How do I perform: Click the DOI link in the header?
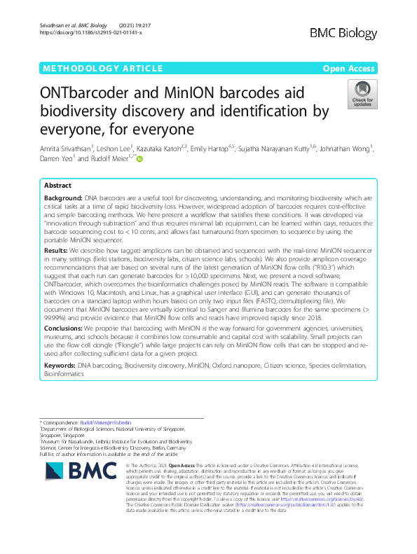[91, 33]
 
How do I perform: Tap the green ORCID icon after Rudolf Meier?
[139, 159]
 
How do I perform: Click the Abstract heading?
[57, 186]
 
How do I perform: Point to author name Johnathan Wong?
[349, 148]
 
